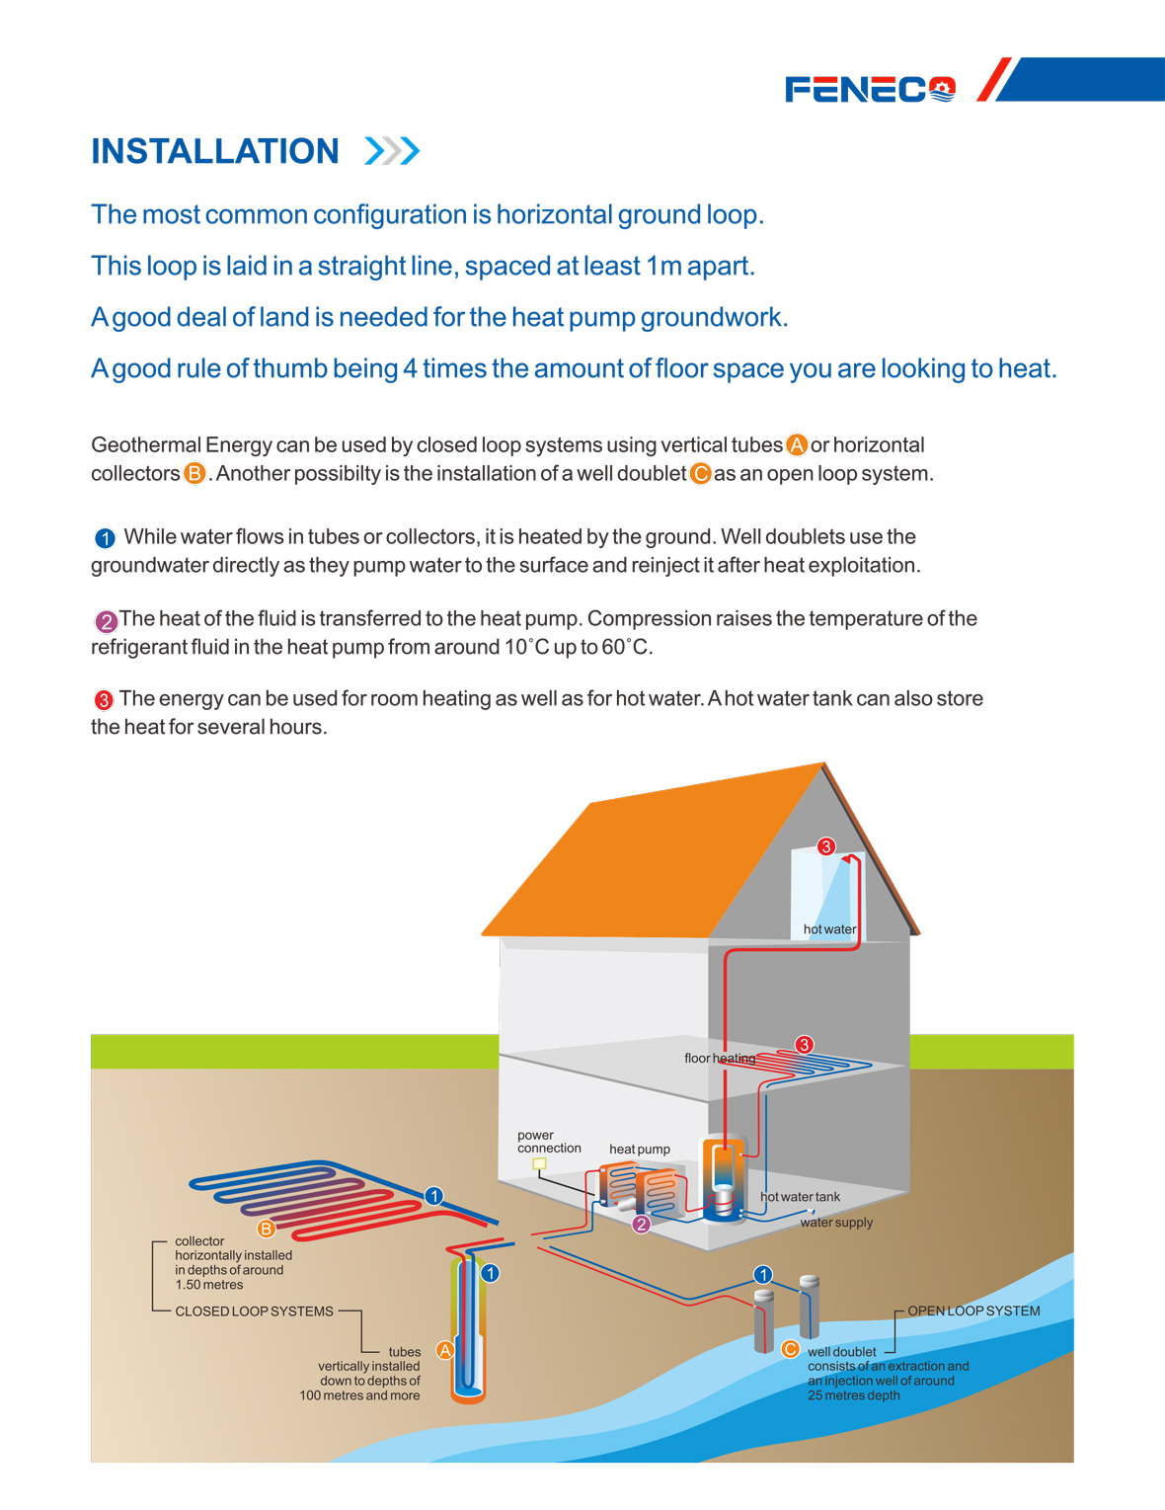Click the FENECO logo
pos(870,90)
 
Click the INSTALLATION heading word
pos(215,151)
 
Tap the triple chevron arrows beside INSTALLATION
pos(393,151)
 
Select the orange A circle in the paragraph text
pos(796,444)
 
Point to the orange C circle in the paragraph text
pos(700,473)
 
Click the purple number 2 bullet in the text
pos(107,621)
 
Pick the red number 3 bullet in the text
pos(104,700)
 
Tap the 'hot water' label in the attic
pos(829,929)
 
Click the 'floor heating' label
pos(720,1059)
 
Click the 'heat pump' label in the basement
pos(640,1150)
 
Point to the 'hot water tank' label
pos(801,1197)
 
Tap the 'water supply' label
pos(836,1223)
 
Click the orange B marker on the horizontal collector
pos(266,1229)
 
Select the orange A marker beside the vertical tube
pos(444,1350)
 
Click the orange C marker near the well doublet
pos(790,1349)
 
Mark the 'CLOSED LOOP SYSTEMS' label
pos(255,1311)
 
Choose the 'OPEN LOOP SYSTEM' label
pos(973,1311)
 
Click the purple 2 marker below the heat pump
pos(641,1225)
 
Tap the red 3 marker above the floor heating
pos(804,1045)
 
